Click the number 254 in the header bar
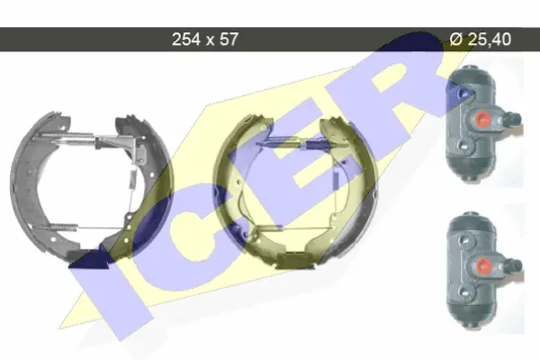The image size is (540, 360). coord(186,40)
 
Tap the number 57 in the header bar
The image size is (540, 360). coord(229,40)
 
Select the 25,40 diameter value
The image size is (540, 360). coord(490,40)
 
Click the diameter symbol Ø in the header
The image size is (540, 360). coord(456,40)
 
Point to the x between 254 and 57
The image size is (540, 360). coord(210,41)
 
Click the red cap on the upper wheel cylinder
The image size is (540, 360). coord(482,119)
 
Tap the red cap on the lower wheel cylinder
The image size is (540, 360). coord(484,265)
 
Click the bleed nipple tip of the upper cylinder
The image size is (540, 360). coord(517,119)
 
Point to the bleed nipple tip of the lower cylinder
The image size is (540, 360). coord(518,265)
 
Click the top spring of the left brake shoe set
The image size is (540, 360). coord(69,135)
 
